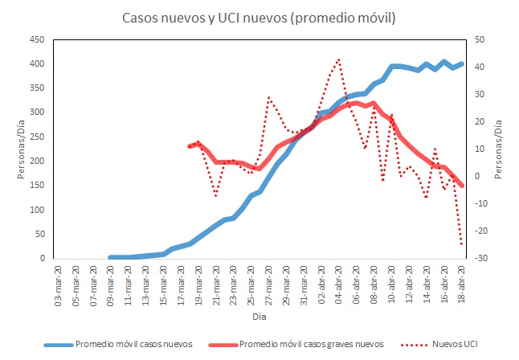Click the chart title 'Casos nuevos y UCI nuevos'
259,17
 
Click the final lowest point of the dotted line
462,244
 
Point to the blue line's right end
463,63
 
